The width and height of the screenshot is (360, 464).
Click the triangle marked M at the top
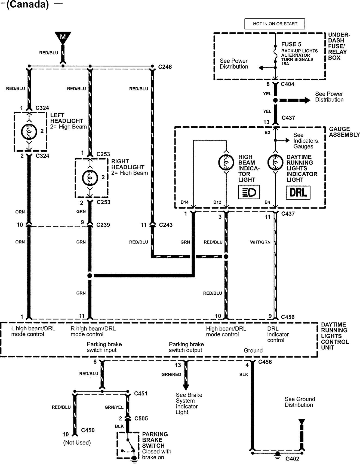pyautogui.click(x=63, y=36)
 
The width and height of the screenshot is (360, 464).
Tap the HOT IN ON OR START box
pyautogui.click(x=275, y=24)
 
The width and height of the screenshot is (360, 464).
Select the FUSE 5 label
pyautogui.click(x=291, y=44)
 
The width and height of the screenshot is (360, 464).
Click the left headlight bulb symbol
pyautogui.click(x=29, y=132)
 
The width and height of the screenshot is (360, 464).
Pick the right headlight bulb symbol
pyautogui.click(x=90, y=178)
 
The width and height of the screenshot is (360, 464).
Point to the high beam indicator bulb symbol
pyautogui.click(x=226, y=162)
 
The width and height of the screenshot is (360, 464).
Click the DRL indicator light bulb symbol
pyautogui.click(x=275, y=162)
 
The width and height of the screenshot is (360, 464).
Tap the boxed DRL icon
pyautogui.click(x=298, y=193)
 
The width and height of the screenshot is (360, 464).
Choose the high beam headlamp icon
pyautogui.click(x=249, y=193)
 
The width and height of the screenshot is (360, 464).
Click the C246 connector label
pyautogui.click(x=165, y=67)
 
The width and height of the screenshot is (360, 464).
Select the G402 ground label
pyautogui.click(x=292, y=459)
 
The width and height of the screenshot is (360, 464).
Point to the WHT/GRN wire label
pyautogui.click(x=260, y=242)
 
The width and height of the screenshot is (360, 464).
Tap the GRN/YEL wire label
pyautogui.click(x=114, y=407)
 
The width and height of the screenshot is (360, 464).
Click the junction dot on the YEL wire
pyautogui.click(x=275, y=100)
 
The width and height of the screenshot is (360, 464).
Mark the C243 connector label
pyautogui.click(x=166, y=225)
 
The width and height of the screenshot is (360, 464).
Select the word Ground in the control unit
pyautogui.click(x=253, y=351)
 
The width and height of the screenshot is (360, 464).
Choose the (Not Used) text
pyautogui.click(x=77, y=443)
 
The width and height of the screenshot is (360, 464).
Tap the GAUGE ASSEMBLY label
pyautogui.click(x=344, y=132)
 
